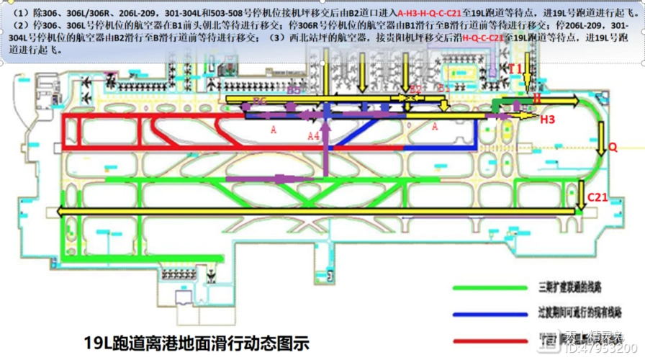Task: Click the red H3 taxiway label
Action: [548, 120]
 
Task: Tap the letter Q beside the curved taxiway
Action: [613, 147]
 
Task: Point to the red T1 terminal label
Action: [515, 68]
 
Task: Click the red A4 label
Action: [312, 135]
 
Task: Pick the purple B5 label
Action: [294, 91]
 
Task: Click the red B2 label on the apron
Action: [415, 89]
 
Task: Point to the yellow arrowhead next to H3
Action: [533, 114]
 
